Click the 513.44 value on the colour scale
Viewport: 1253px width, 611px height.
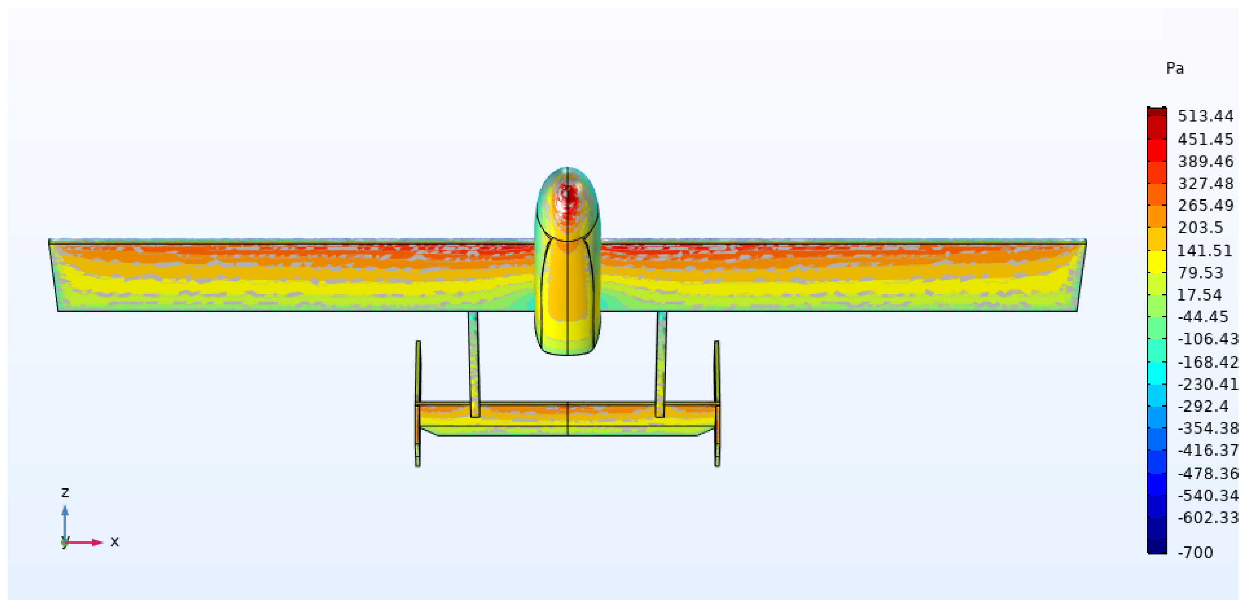pyautogui.click(x=1205, y=116)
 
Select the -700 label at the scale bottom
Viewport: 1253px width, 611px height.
pyautogui.click(x=1195, y=553)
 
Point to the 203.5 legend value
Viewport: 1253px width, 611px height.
pyautogui.click(x=1200, y=227)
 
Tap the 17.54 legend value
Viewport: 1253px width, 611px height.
pyautogui.click(x=1199, y=295)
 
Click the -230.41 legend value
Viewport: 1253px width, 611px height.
pyautogui.click(x=1208, y=384)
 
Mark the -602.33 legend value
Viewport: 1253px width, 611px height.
pyautogui.click(x=1208, y=518)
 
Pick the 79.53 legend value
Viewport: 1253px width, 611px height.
pyautogui.click(x=1200, y=273)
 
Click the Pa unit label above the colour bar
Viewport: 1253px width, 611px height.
pyautogui.click(x=1175, y=68)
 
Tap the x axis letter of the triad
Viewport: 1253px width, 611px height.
pyautogui.click(x=115, y=541)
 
